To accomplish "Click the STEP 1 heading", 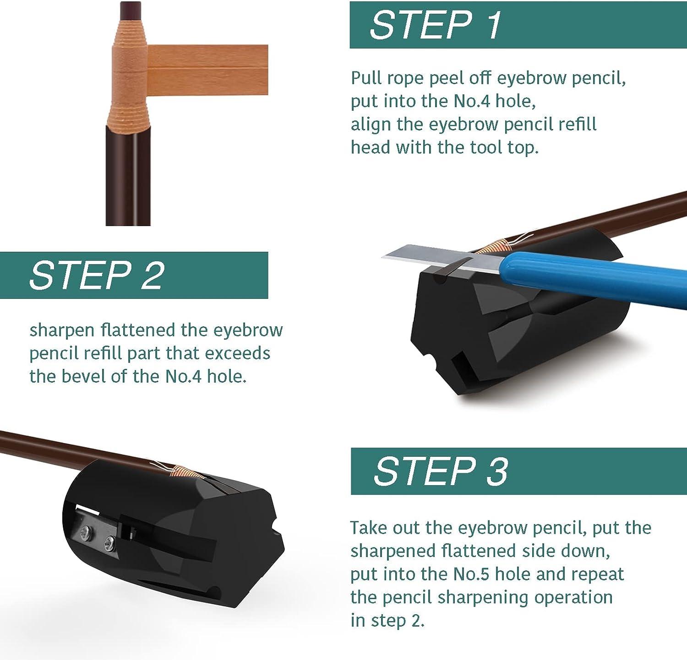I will pyautogui.click(x=435, y=25).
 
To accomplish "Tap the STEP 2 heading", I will pyautogui.click(x=96, y=275).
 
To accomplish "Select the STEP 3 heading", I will pyautogui.click(x=440, y=471).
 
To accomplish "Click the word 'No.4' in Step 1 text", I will pyautogui.click(x=472, y=101).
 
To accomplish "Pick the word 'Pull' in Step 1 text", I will pyautogui.click(x=366, y=78).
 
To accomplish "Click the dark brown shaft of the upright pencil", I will pyautogui.click(x=128, y=179).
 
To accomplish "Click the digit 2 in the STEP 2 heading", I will pyautogui.click(x=152, y=275).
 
